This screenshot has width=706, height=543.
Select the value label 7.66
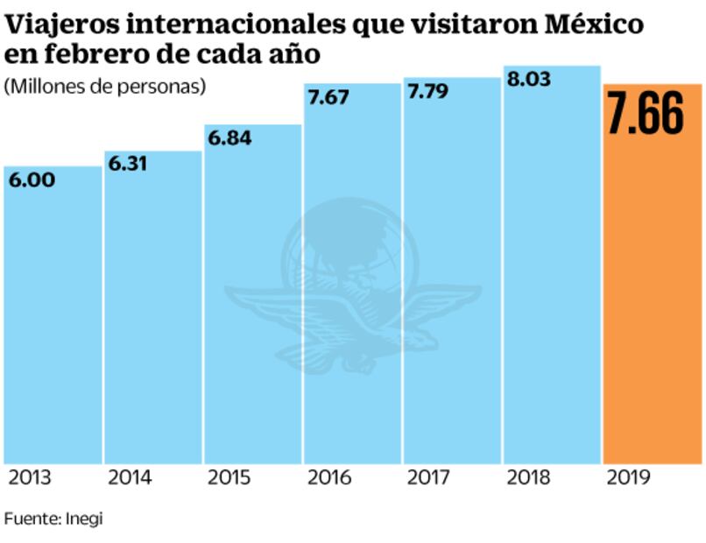(x=646, y=116)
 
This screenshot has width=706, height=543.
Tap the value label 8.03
(x=531, y=80)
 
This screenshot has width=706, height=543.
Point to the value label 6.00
(x=32, y=180)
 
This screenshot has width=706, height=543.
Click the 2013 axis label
(x=29, y=478)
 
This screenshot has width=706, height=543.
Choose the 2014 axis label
(x=129, y=478)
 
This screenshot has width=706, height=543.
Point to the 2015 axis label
(x=229, y=478)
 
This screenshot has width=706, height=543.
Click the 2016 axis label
(x=329, y=478)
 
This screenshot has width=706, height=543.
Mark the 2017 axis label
(x=429, y=478)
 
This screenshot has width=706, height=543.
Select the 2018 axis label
(x=528, y=478)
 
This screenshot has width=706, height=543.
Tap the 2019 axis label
(x=628, y=478)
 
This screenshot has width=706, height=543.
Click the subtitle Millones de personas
(x=105, y=86)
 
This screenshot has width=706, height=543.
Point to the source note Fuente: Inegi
(x=53, y=518)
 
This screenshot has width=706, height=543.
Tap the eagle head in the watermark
(x=419, y=337)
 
